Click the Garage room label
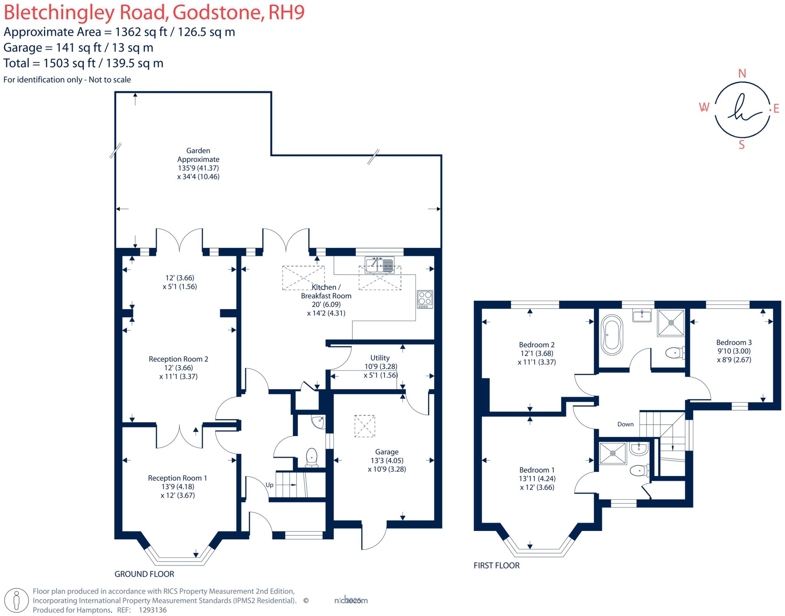pos(387,452)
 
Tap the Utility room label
pos(380,358)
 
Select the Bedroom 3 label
pos(734,342)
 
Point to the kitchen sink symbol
pos(379,265)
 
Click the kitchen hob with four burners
pos(425,298)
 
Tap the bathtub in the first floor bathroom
pos(612,335)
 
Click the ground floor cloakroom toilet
pos(312,458)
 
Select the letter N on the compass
pos(742,74)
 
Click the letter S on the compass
pos(742,145)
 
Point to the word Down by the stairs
pos(625,424)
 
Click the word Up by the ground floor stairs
pos(269,485)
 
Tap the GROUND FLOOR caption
pos(144,574)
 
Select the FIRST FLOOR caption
pos(496,565)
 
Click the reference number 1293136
pos(153,610)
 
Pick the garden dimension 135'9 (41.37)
pos(198,168)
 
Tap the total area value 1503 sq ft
pos(69,63)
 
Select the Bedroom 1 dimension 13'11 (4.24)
pos(537,478)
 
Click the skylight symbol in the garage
pos(365,426)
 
